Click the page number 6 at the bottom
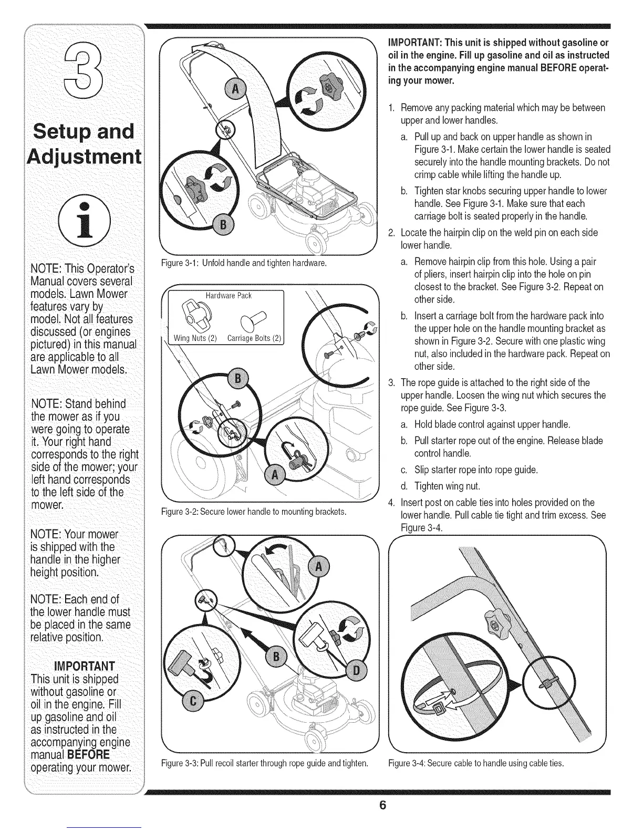pos(383,806)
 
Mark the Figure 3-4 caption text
pos(476,763)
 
